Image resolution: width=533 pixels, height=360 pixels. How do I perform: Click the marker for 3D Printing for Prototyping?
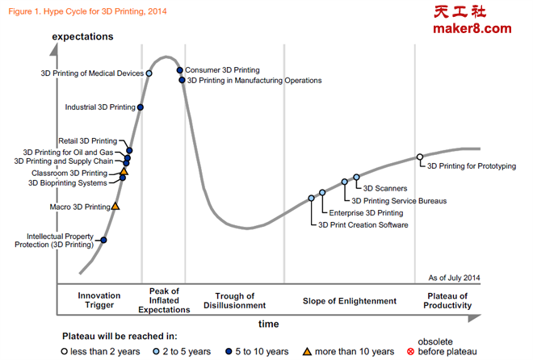pos(419,157)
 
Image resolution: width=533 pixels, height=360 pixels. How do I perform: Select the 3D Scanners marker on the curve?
pos(356,177)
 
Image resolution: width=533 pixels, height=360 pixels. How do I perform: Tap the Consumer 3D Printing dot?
pos(180,70)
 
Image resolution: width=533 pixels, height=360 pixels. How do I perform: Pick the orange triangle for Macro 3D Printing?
pos(115,207)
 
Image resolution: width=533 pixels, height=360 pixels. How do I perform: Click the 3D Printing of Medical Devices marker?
pos(149,73)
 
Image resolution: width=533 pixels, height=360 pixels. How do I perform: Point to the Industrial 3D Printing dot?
pos(141,107)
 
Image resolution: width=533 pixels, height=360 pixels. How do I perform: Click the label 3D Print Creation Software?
pos(363,225)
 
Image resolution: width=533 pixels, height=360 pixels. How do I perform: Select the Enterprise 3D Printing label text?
pos(366,213)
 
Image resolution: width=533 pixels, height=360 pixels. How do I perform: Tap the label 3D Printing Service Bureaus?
pos(399,200)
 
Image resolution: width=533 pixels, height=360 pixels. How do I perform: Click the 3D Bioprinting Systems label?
pos(68,183)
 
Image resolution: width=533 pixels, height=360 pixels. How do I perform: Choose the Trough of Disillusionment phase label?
pos(235,301)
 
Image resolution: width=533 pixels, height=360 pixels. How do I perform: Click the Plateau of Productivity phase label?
pos(448,301)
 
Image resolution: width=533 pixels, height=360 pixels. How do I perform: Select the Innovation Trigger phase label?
pos(99,301)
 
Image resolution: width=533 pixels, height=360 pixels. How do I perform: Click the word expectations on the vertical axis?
pos(82,36)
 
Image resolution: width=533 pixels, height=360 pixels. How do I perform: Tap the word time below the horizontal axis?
pos(269,324)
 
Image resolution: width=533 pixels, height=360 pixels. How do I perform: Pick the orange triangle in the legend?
pos(307,351)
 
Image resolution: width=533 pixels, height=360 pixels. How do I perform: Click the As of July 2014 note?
pos(454,277)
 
